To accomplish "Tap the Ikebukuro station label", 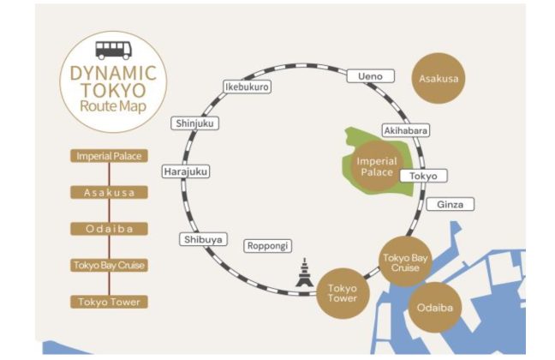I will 246,87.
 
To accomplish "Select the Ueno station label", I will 370,77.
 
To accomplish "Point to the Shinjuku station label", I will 195,123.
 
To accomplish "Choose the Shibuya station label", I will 204,239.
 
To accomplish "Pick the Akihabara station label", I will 405,131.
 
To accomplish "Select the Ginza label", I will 450,205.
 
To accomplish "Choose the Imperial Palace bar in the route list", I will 109,156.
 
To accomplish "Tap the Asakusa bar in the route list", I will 109,192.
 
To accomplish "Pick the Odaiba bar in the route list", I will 109,229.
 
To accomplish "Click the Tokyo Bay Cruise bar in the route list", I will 109,265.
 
